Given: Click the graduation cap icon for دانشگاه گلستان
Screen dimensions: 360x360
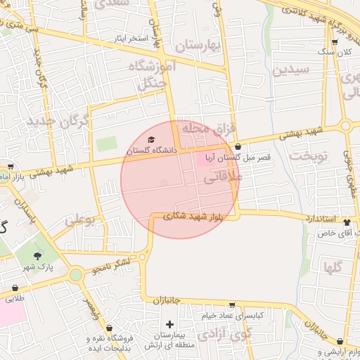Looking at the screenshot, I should click(152, 139).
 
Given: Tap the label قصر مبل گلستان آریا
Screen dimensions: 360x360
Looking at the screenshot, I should click(238, 158).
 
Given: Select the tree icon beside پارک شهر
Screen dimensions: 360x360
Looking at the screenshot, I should click(38, 255).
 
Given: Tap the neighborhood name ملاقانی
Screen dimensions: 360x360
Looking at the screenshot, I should click(222, 179).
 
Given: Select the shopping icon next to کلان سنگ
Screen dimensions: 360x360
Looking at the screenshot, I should click(334, 42).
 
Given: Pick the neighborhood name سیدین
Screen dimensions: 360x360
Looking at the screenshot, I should click(291, 70).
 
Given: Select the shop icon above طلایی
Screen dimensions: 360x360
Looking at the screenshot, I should click(15, 288).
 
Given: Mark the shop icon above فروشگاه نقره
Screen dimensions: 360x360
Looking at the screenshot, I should click(109, 328).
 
